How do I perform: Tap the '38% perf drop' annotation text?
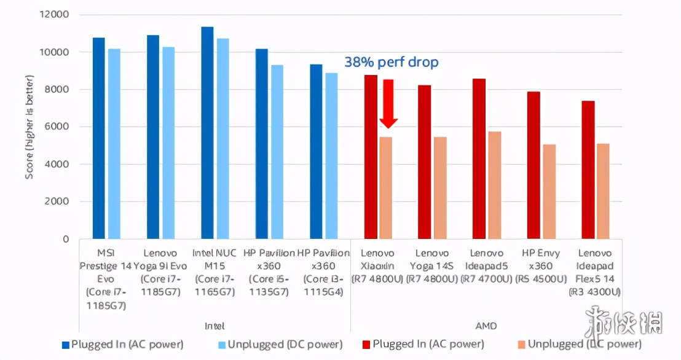[392, 63]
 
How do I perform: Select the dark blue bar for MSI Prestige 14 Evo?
[98, 138]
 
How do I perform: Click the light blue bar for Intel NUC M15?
[222, 139]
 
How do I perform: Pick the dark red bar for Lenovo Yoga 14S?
[424, 162]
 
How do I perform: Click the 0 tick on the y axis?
[66, 239]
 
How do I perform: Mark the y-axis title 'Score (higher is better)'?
[30, 127]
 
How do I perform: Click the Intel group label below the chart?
[214, 326]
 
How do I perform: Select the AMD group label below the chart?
[486, 326]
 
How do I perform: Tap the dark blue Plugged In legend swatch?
[66, 345]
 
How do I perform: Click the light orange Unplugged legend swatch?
[521, 345]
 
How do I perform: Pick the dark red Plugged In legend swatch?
[367, 345]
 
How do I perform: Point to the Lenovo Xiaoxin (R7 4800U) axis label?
[377, 266]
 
